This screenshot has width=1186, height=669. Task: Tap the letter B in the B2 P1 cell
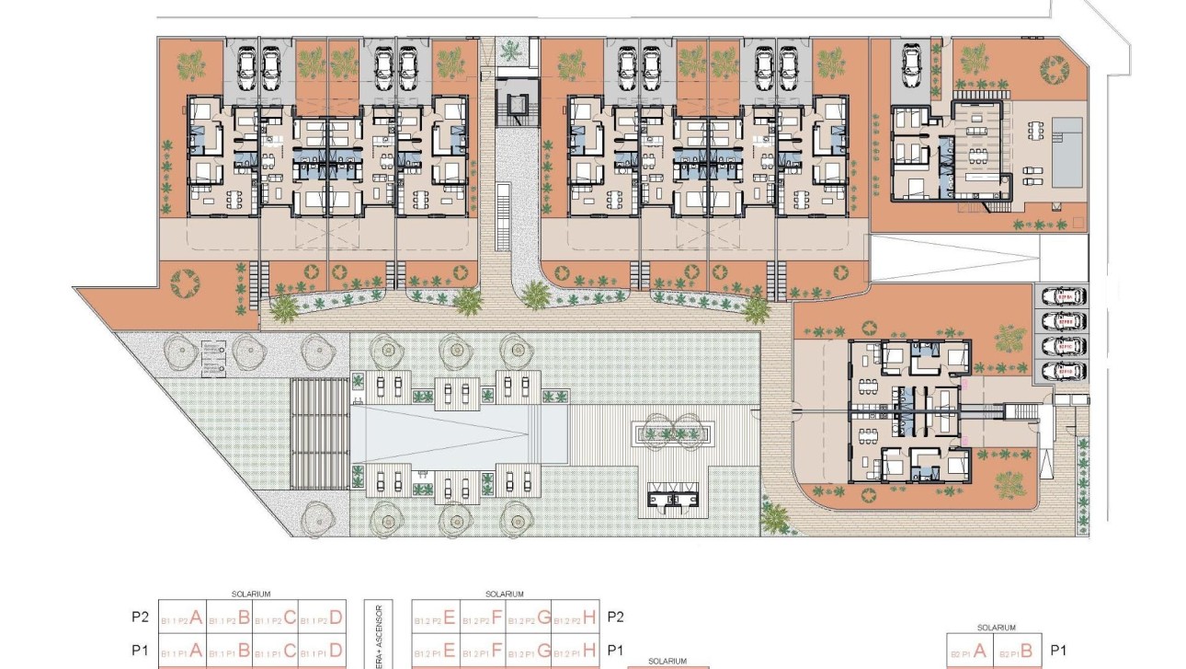1027,652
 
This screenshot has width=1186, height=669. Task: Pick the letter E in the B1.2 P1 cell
450,651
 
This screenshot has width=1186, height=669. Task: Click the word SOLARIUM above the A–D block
251,594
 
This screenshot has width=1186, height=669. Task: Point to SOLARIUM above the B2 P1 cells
997,628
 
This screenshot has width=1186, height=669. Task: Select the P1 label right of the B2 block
1057,650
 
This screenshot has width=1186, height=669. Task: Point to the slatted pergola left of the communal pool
318,433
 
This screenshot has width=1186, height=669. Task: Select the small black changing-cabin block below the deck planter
674,498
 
